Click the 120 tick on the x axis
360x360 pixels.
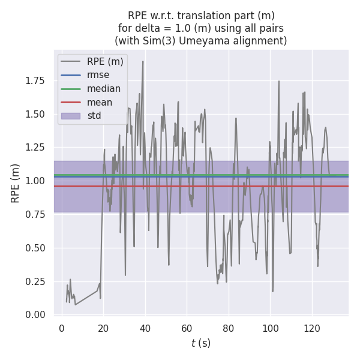(312, 328)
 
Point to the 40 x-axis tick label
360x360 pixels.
(145, 328)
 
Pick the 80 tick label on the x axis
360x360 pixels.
(228, 328)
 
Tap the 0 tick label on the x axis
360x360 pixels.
(61, 328)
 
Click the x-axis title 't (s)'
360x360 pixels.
(201, 343)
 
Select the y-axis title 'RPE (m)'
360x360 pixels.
(16, 183)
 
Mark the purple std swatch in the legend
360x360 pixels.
(70, 116)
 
